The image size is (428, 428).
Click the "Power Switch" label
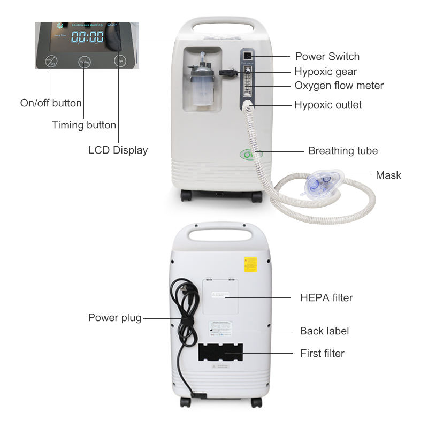click(327, 56)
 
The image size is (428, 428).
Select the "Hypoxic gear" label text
click(325, 71)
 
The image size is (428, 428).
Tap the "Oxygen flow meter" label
click(339, 86)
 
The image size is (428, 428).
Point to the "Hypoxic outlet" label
click(328, 104)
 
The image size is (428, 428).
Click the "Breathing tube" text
click(343, 151)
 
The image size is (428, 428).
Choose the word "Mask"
click(388, 175)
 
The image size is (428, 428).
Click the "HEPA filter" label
click(326, 297)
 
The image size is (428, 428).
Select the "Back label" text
click(324, 331)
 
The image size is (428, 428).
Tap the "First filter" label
click(322, 353)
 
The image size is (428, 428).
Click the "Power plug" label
click(114, 318)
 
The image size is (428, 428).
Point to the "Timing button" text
click(83, 125)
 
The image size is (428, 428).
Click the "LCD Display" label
click(118, 150)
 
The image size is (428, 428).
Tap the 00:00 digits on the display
click(88, 37)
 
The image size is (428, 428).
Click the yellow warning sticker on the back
click(250, 264)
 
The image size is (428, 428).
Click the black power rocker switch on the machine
click(247, 56)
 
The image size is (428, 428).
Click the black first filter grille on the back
click(219, 354)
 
